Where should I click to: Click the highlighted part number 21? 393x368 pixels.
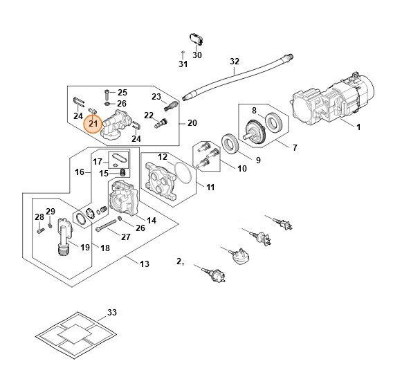[x=93, y=123]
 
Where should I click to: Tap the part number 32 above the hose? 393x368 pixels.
[x=234, y=62]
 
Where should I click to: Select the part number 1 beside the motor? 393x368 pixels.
[x=358, y=128]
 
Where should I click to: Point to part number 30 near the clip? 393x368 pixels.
[x=197, y=55]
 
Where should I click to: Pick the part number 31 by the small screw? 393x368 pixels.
[x=183, y=64]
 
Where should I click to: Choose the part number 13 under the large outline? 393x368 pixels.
[x=144, y=264]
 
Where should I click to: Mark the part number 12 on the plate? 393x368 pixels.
[x=163, y=158]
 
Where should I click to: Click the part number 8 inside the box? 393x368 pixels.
[x=254, y=111]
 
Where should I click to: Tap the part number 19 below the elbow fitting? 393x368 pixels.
[x=86, y=246]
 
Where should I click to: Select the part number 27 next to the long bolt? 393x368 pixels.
[x=125, y=237]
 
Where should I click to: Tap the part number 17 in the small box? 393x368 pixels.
[x=98, y=161]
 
